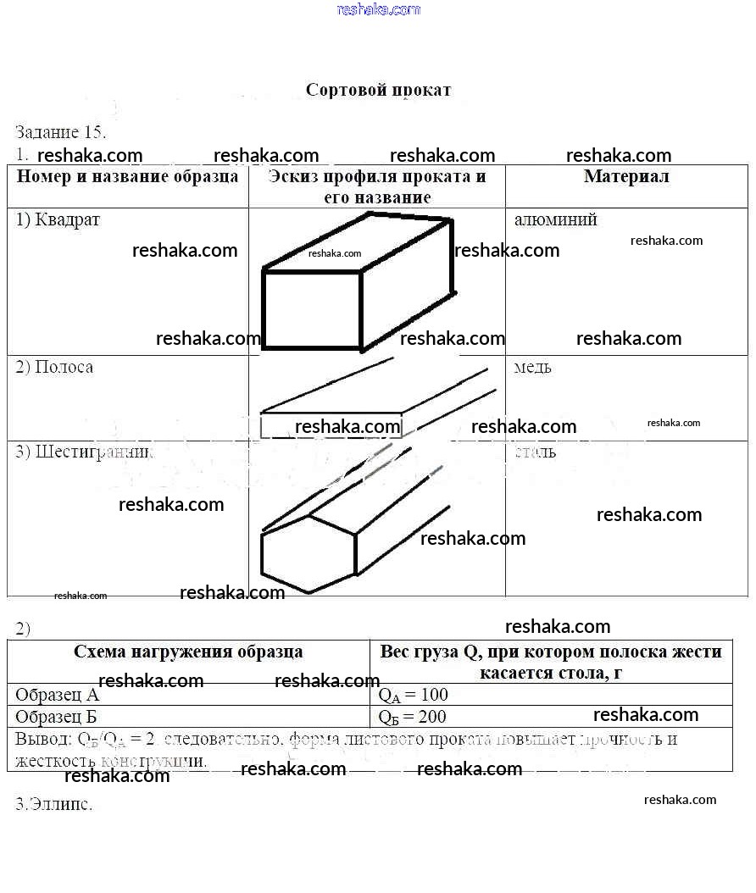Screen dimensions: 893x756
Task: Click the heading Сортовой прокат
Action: (378, 90)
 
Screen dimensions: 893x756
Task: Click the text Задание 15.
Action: (60, 132)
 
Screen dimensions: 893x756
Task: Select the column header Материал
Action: (626, 176)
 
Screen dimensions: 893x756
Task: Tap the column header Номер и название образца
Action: (128, 177)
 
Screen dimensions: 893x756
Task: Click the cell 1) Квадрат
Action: (58, 219)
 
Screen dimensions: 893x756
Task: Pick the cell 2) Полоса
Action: (54, 367)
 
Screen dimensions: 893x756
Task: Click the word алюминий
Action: (555, 219)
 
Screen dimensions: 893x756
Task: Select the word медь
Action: (532, 367)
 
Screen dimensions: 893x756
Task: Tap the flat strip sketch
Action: (373, 398)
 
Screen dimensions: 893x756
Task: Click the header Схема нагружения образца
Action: (188, 652)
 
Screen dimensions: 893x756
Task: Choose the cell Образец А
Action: (57, 696)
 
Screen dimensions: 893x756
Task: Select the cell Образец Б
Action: (57, 717)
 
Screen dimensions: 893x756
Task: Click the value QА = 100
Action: (413, 696)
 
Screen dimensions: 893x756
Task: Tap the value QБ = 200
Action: (413, 717)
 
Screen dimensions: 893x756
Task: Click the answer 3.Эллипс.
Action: (53, 804)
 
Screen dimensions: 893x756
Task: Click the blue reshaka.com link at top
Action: (378, 9)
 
